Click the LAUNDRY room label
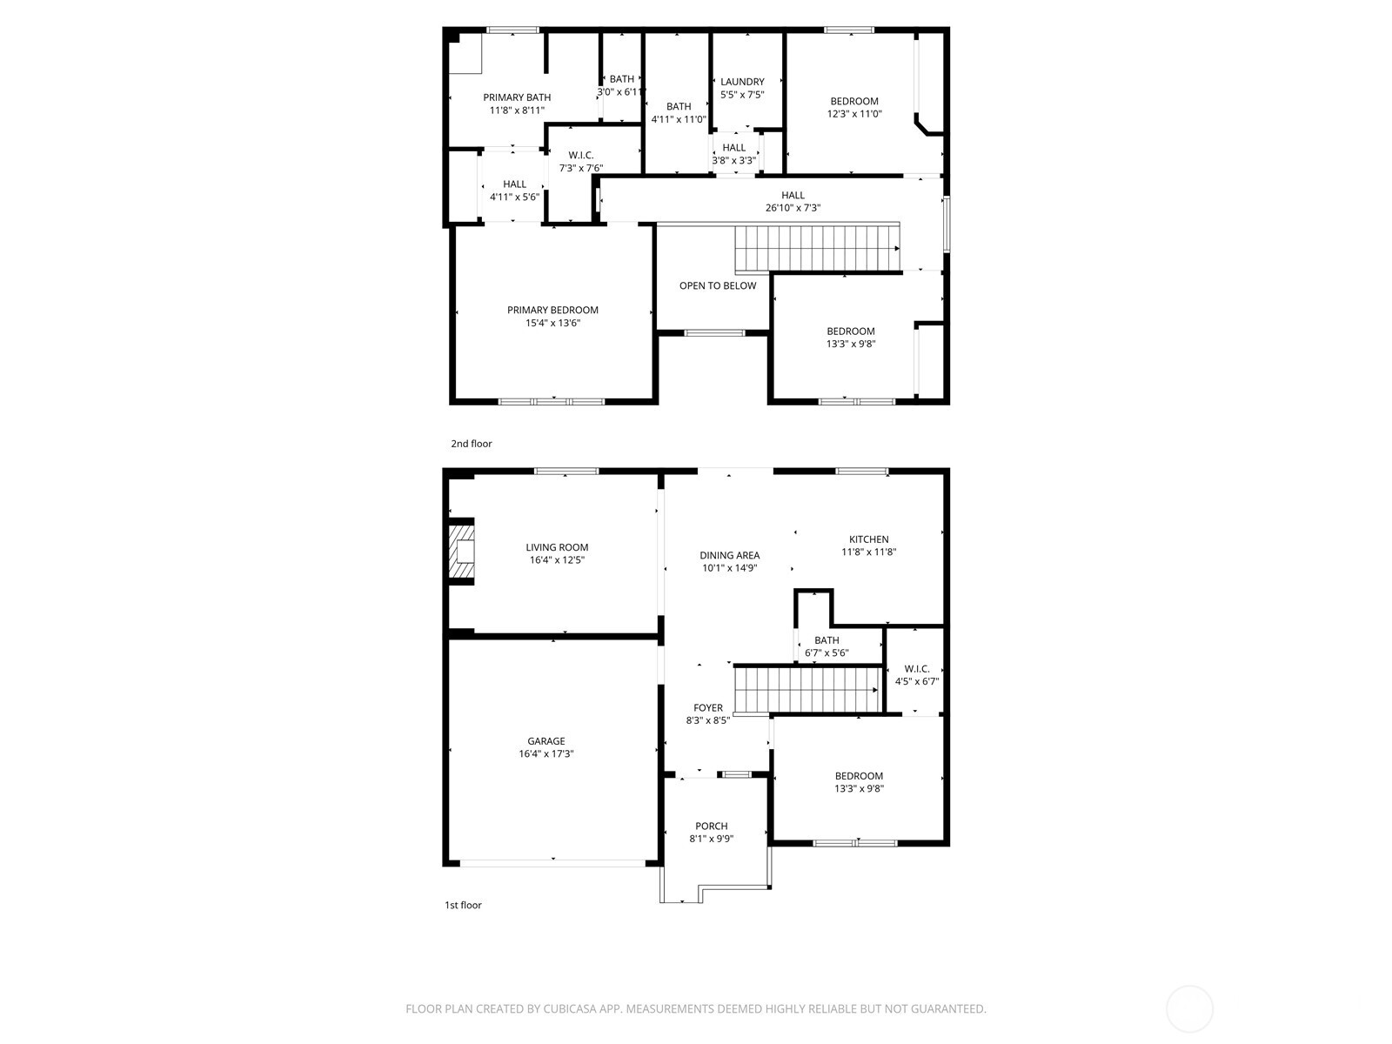[742, 82]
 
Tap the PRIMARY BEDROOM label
[552, 310]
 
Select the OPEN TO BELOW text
[718, 285]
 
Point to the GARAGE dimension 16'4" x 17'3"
[545, 754]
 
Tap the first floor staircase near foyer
[805, 689]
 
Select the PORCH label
[711, 826]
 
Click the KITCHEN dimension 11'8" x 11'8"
[868, 552]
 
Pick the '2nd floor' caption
[471, 444]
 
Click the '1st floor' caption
[463, 905]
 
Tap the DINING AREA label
[729, 555]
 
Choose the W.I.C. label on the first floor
[916, 669]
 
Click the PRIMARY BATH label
[517, 97]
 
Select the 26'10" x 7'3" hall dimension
[793, 208]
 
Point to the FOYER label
[707, 708]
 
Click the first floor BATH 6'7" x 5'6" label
[826, 640]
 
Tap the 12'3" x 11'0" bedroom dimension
[853, 114]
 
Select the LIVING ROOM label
[557, 547]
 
